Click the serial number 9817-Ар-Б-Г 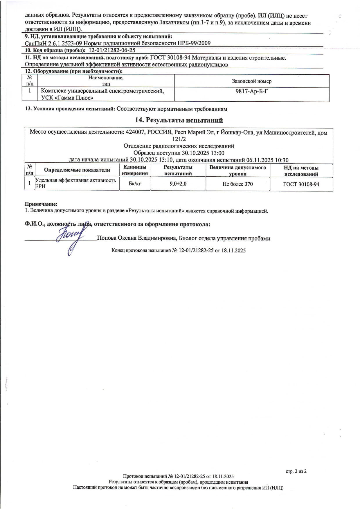[x=251, y=91]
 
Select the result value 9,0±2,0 [x=178, y=184]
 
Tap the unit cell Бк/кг [x=135, y=184]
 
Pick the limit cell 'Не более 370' [x=237, y=184]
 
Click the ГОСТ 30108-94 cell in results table [x=301, y=184]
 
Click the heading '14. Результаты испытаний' [x=179, y=120]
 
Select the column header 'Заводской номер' [x=251, y=81]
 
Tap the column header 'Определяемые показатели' [x=77, y=170]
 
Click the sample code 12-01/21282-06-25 [x=112, y=50]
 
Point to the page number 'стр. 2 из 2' [x=296, y=471]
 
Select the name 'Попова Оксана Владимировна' [x=137, y=238]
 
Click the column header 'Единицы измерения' [x=135, y=170]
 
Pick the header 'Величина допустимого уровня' [x=237, y=171]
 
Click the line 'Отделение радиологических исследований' [x=179, y=146]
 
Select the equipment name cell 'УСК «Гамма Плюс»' [x=67, y=98]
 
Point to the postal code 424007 [x=135, y=132]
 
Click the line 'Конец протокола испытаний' [x=179, y=250]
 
